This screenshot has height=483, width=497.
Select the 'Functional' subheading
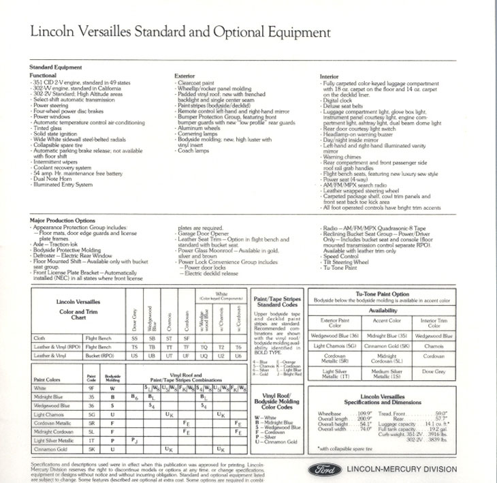pyautogui.click(x=43, y=75)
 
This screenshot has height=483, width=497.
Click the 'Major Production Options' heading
pyautogui.click(x=62, y=221)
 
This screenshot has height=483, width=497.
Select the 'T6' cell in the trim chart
pyautogui.click(x=238, y=347)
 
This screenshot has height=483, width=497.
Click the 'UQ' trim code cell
pyautogui.click(x=202, y=356)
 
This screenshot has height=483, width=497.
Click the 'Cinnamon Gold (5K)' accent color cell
pyautogui.click(x=386, y=346)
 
